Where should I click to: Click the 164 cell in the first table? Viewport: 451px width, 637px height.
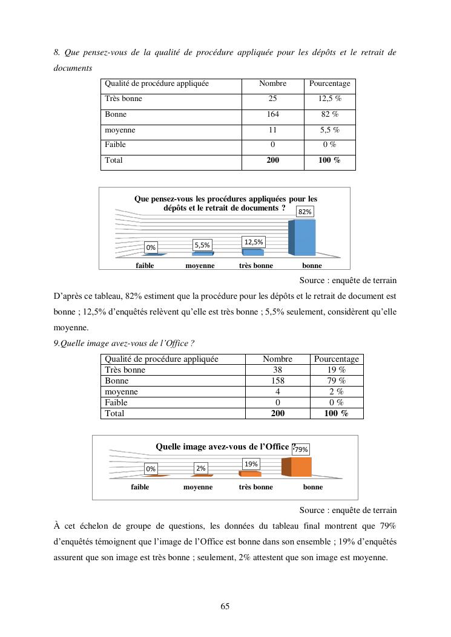272,114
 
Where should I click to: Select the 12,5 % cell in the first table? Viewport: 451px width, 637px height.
329,99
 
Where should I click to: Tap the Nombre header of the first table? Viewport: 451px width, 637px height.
272,83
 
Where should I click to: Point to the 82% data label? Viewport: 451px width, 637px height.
305,212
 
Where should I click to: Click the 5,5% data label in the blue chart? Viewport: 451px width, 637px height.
202,245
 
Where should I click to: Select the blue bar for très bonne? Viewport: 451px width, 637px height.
254,252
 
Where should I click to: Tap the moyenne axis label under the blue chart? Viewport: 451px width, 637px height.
200,266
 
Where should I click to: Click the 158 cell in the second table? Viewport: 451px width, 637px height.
277,381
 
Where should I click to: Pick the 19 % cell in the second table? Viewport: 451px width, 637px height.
336,370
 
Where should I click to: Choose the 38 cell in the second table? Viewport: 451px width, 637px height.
277,370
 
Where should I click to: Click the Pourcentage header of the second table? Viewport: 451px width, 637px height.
336,359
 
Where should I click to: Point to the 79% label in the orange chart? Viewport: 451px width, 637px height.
301,449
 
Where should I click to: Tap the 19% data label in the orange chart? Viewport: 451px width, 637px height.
251,464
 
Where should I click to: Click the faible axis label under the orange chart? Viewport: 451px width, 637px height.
140,487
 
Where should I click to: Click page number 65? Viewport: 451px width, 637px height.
225,606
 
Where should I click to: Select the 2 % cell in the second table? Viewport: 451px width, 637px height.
336,392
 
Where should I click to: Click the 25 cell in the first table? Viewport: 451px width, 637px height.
272,99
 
